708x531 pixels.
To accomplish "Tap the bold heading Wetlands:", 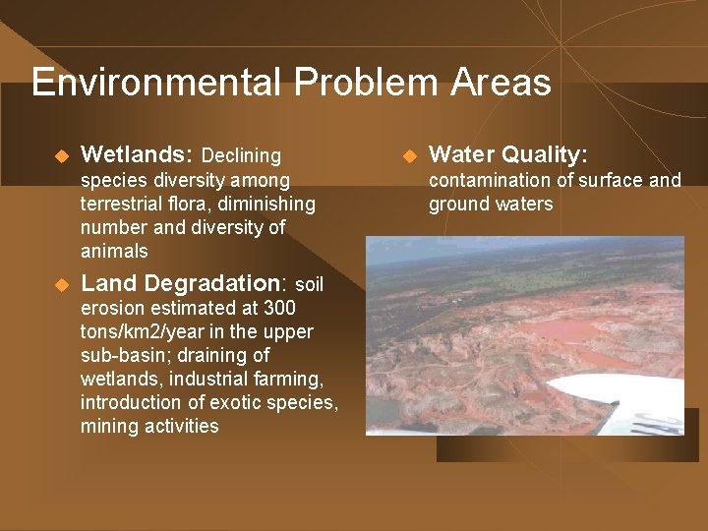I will coord(137,154).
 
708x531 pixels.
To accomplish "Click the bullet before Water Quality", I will coord(408,155).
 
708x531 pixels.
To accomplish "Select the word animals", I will coord(114,251).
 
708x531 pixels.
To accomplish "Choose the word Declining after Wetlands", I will coord(241,155).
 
